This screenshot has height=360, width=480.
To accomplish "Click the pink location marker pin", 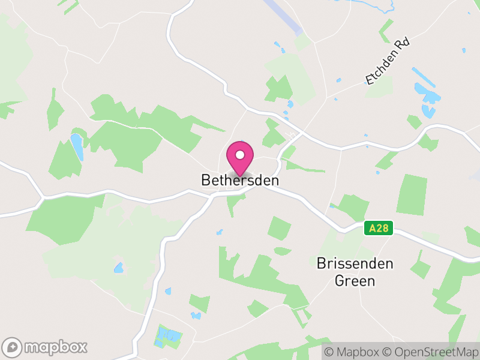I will coord(240,157).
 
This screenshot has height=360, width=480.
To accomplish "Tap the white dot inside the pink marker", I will coord(240,155).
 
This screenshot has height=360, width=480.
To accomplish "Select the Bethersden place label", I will coord(240,180).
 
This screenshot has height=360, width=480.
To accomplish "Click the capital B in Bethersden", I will coord(206,180).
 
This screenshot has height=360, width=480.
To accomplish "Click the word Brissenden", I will coord(355,263).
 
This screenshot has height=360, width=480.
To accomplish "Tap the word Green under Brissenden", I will coord(355,280).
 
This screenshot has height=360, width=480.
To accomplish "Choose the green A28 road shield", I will coord(379,228).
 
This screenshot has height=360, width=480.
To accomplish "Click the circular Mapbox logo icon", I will coord(13,347).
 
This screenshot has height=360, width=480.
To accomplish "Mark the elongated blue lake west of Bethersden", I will coord(77,146).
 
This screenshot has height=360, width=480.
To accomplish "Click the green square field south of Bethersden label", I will coord(279,229).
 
